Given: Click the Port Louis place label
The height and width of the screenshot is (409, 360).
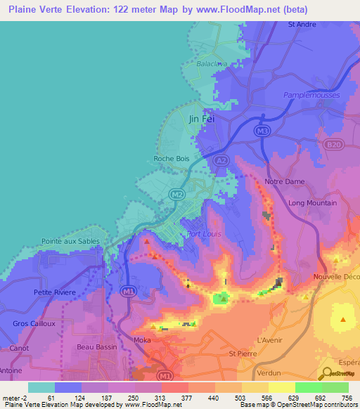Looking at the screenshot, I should [x=201, y=234].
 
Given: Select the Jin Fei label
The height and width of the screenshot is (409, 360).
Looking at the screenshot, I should [x=201, y=119].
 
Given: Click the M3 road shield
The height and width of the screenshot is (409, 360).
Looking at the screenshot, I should [x=262, y=131].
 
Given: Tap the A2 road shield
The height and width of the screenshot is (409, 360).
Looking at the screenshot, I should [x=221, y=161].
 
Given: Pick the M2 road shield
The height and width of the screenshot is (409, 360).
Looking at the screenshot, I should [x=176, y=194].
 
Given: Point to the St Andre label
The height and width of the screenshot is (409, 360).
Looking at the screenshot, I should [x=303, y=24].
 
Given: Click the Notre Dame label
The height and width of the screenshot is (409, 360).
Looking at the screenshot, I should [x=284, y=181].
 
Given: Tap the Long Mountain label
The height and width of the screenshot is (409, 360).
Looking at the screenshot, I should [x=312, y=203].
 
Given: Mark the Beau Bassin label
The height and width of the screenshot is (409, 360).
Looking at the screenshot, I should [x=95, y=347].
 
